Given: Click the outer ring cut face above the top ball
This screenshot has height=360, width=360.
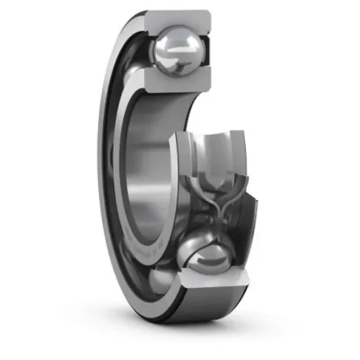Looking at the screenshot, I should point(181,17).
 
